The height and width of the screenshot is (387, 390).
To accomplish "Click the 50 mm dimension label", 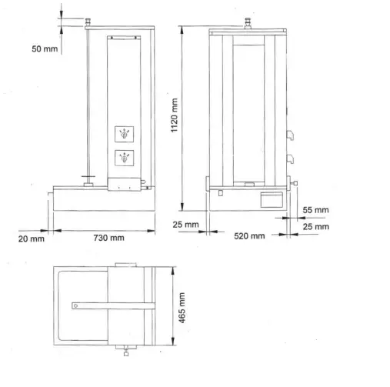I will tap(44, 48).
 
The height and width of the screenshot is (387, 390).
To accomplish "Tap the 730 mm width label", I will tap(108, 239).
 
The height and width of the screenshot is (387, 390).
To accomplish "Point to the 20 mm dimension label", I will tap(32, 239).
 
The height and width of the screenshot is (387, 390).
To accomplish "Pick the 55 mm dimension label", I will tap(315, 209).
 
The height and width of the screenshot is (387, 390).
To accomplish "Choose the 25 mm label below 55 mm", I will tap(315, 226).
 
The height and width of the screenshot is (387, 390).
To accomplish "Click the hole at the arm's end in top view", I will tap(76, 306).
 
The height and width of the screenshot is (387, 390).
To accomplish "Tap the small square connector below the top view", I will tap(125, 354).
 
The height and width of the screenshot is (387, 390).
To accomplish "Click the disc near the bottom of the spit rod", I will tap(88, 183).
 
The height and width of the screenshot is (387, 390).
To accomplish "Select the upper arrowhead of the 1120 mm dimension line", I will tap(182, 28).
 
